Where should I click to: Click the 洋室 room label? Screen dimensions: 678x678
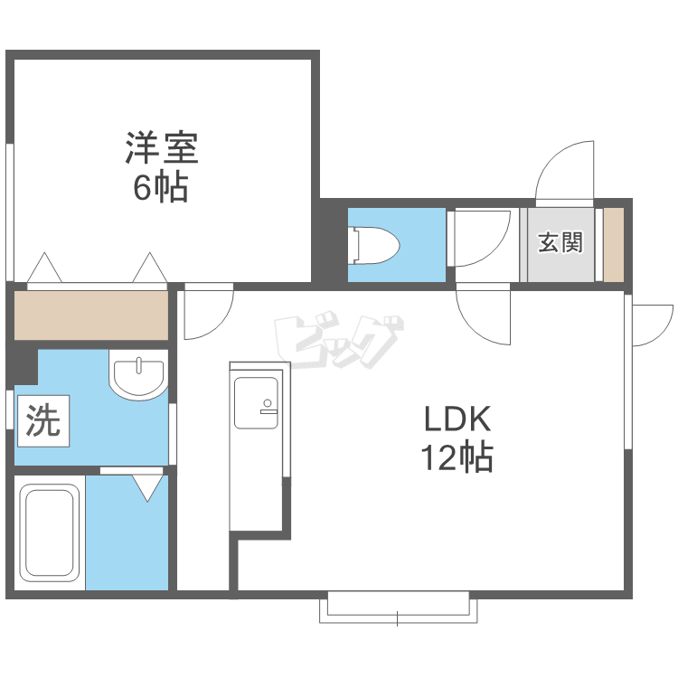point(162,147)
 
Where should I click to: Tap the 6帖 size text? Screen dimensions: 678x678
point(160,187)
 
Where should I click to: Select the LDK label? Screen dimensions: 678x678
point(457,419)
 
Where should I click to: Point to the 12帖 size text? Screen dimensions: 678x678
point(457,457)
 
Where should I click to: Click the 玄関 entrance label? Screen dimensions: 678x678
point(560,242)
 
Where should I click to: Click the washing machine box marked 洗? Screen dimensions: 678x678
point(43,420)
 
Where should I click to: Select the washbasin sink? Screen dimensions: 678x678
point(138,374)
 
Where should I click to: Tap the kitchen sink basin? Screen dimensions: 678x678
point(256,403)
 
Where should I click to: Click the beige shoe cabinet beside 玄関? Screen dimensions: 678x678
point(614,245)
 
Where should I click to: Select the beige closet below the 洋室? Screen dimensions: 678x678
point(91,315)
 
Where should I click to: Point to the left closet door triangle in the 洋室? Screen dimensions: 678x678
point(44,268)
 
